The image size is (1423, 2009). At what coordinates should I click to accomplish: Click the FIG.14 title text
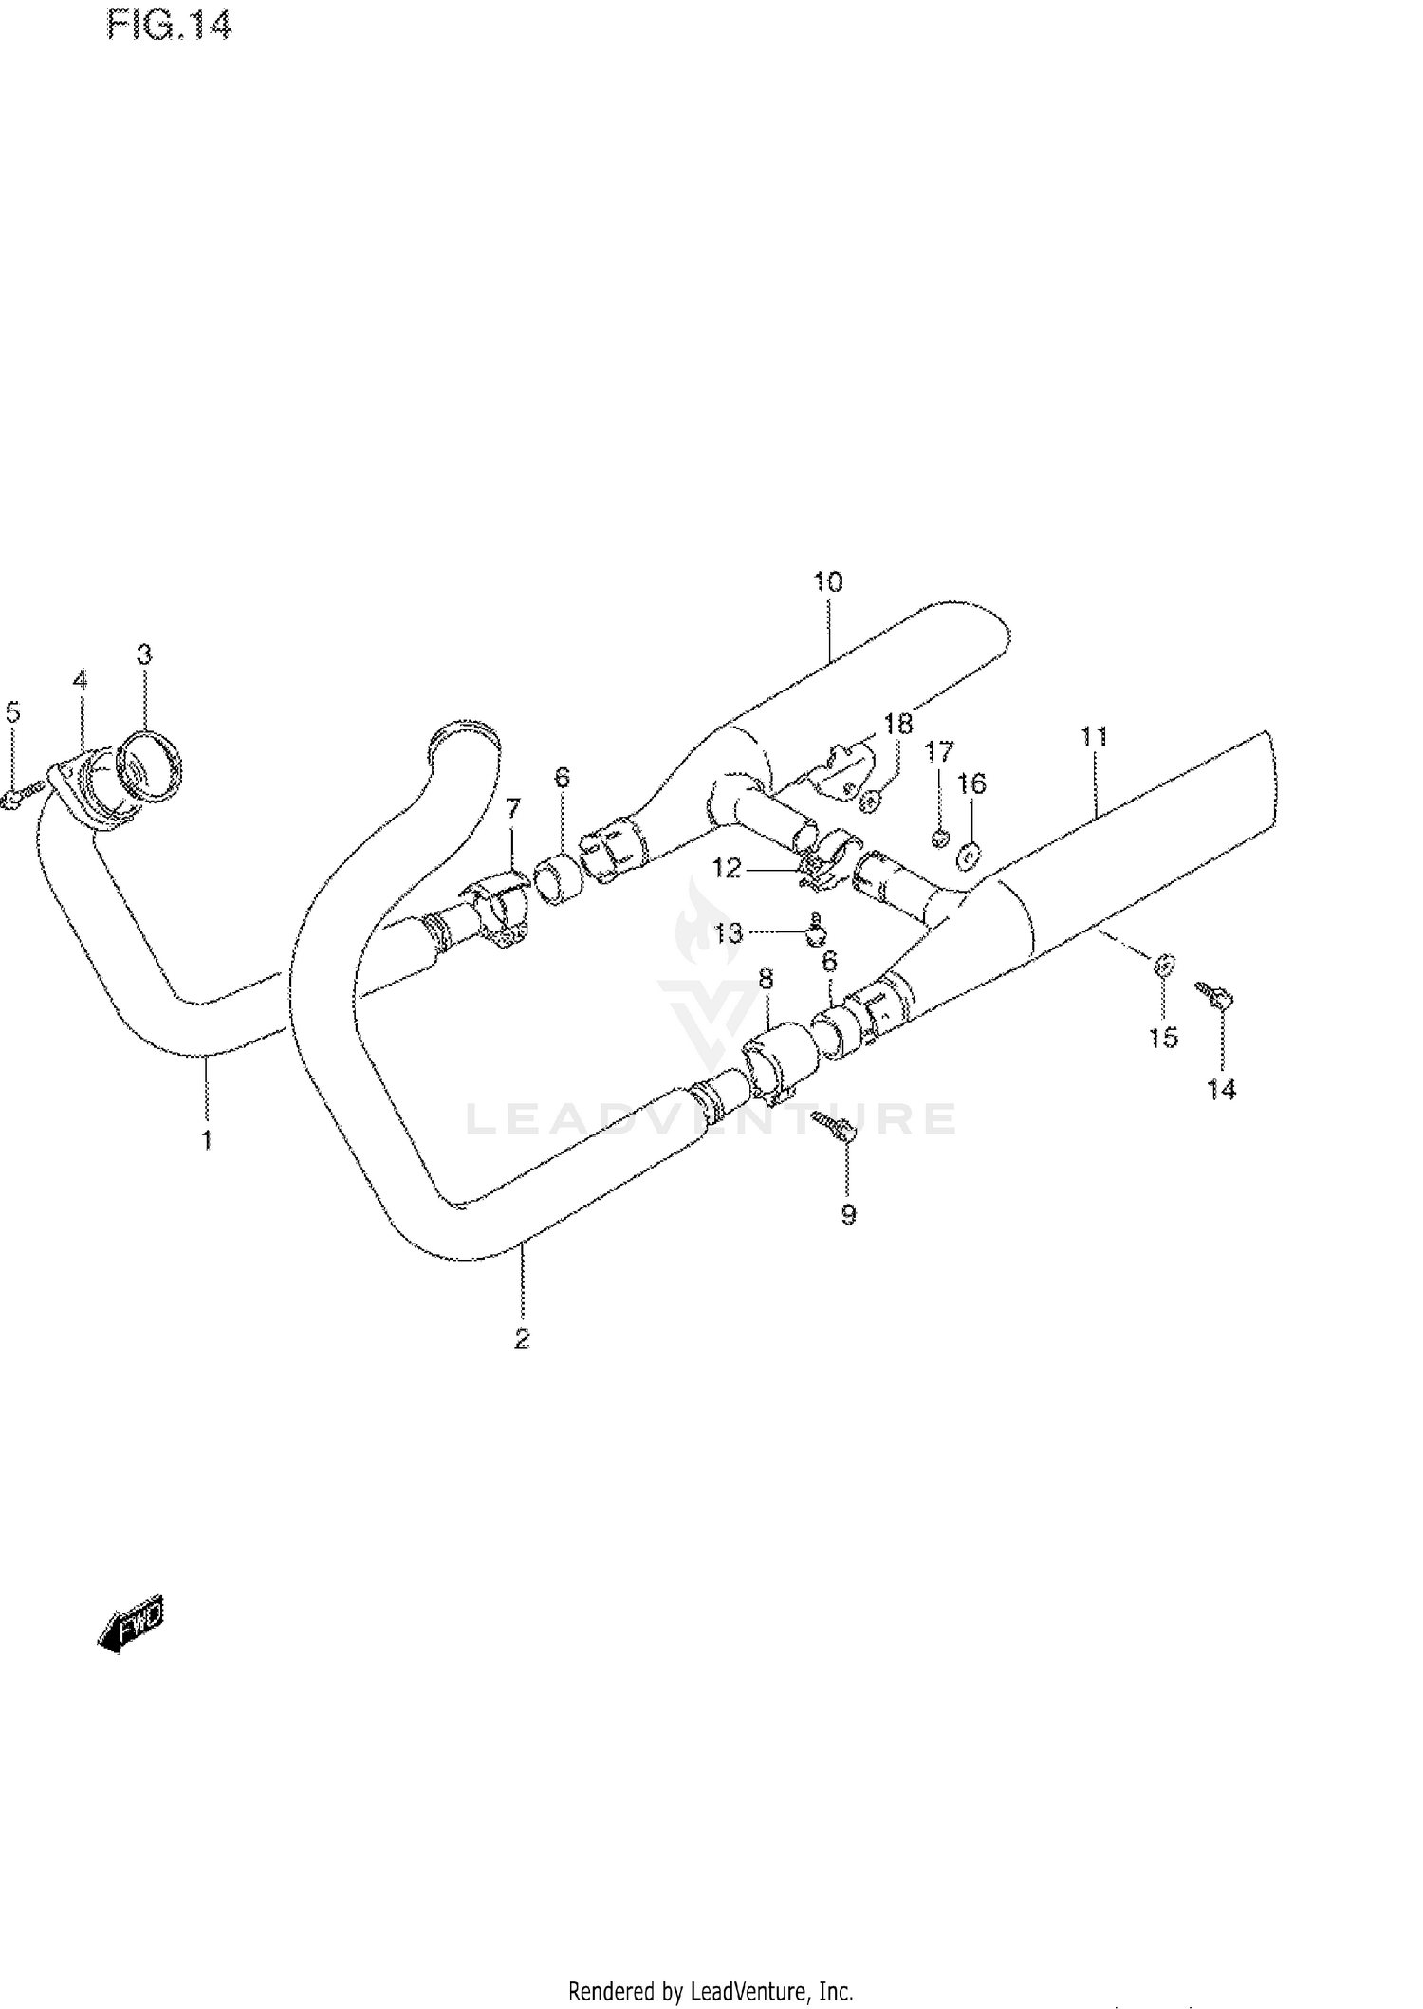[x=169, y=26]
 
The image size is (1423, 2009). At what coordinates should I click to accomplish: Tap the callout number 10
[x=827, y=581]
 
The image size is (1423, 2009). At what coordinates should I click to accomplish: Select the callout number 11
[x=1093, y=736]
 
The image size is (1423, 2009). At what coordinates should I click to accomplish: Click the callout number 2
[x=522, y=1338]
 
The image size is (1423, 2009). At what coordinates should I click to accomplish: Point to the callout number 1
[x=206, y=1138]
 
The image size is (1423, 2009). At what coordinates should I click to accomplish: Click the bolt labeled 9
[x=834, y=1124]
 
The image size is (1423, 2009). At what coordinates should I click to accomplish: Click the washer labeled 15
[x=1164, y=966]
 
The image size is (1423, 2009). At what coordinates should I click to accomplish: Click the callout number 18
[x=897, y=724]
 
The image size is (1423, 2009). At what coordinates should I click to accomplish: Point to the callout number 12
[x=727, y=867]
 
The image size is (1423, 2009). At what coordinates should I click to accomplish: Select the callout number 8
[x=766, y=978]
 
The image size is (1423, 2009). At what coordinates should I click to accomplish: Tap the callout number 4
[x=80, y=679]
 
